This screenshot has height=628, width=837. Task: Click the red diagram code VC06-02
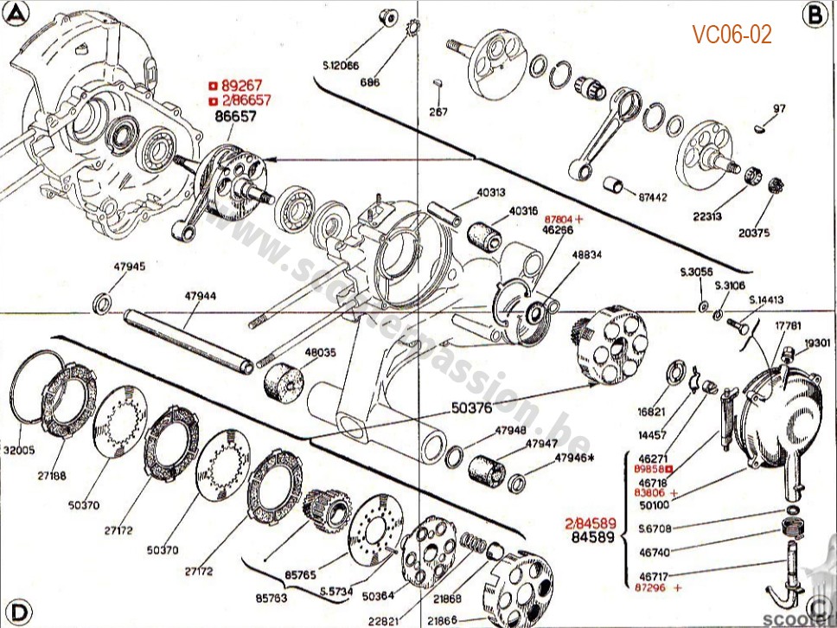pos(731,35)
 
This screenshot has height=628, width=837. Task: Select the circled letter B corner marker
pos(813,14)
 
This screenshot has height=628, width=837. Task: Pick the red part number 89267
pos(240,86)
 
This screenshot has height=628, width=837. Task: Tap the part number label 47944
pos(200,296)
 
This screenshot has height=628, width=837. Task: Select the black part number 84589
pos(593,537)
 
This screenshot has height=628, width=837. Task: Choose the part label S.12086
pos(341,66)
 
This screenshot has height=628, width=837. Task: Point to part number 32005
pos(18,450)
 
